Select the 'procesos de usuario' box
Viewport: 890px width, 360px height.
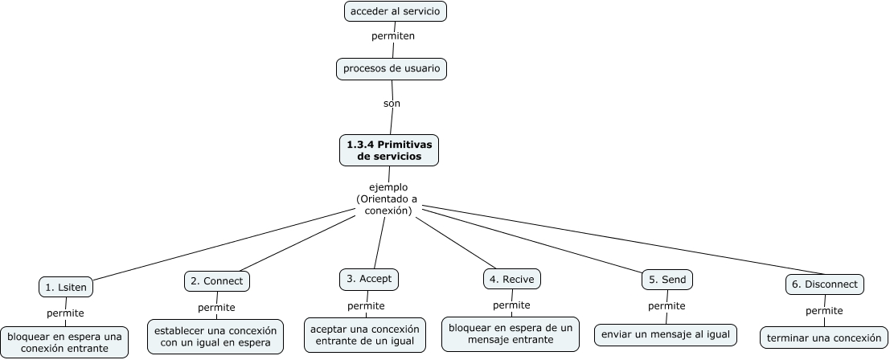392,69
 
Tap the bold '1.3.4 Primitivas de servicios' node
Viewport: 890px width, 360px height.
389,150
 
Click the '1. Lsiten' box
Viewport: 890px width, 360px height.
67,287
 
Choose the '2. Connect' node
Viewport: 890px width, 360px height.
217,280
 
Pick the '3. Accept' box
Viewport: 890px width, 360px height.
369,279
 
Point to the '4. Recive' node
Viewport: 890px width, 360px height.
512,279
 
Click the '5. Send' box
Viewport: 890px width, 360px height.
667,280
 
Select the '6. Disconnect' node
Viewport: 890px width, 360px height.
824,284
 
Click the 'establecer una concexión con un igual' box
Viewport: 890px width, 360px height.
216,336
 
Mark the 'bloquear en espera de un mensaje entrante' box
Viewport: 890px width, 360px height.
511,333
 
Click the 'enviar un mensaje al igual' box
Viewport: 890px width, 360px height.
666,333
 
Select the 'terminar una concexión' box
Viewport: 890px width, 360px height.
824,337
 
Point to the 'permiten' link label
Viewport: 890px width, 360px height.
393,36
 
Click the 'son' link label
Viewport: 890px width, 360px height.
392,103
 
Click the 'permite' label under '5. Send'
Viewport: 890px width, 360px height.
666,306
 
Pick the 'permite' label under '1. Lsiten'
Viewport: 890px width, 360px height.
65,313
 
